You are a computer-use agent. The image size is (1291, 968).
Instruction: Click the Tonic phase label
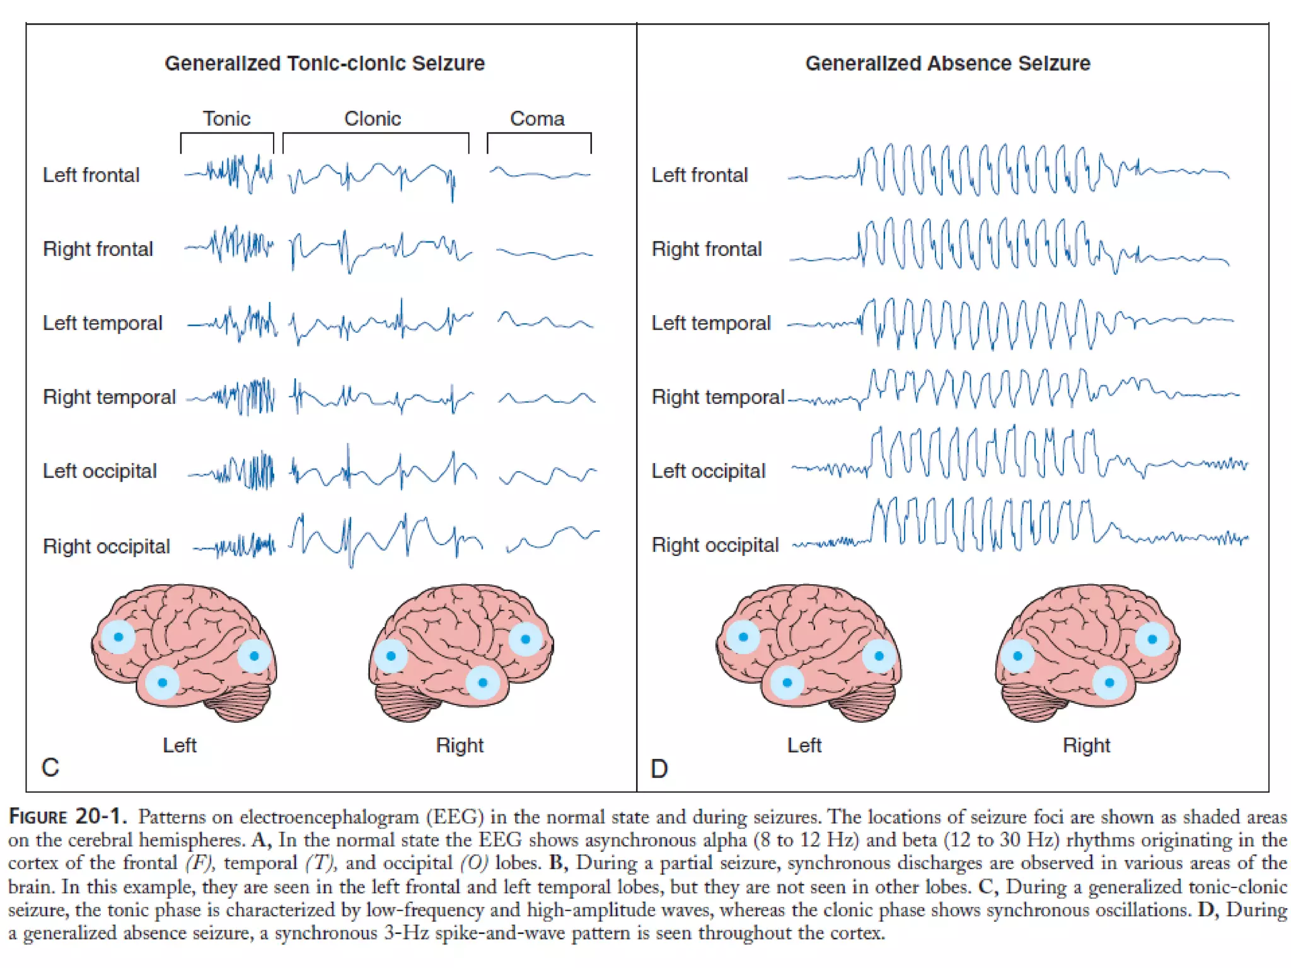(226, 118)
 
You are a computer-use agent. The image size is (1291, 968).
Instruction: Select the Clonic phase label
(372, 118)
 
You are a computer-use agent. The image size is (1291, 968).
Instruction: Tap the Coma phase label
(537, 118)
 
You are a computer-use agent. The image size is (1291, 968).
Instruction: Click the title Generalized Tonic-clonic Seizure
(325, 63)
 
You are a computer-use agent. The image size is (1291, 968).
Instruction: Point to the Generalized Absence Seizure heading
(947, 63)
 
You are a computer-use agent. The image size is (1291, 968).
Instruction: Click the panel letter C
(50, 768)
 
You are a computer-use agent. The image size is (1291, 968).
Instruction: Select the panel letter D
(659, 769)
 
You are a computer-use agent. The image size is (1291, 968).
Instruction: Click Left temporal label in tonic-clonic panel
(103, 323)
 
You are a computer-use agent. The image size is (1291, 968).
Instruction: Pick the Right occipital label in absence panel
(715, 545)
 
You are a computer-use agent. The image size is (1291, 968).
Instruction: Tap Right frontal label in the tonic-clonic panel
(98, 249)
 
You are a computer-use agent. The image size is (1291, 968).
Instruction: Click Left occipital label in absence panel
(708, 471)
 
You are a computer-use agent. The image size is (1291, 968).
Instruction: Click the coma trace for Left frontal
(540, 173)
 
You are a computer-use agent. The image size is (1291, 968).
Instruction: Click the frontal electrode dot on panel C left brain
(118, 637)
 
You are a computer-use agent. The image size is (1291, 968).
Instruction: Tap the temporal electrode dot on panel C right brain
(483, 683)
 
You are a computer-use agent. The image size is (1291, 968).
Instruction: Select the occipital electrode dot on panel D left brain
(879, 656)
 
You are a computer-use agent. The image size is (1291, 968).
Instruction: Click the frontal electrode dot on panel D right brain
(1152, 639)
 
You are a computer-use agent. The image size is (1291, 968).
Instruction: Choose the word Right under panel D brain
(1086, 746)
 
